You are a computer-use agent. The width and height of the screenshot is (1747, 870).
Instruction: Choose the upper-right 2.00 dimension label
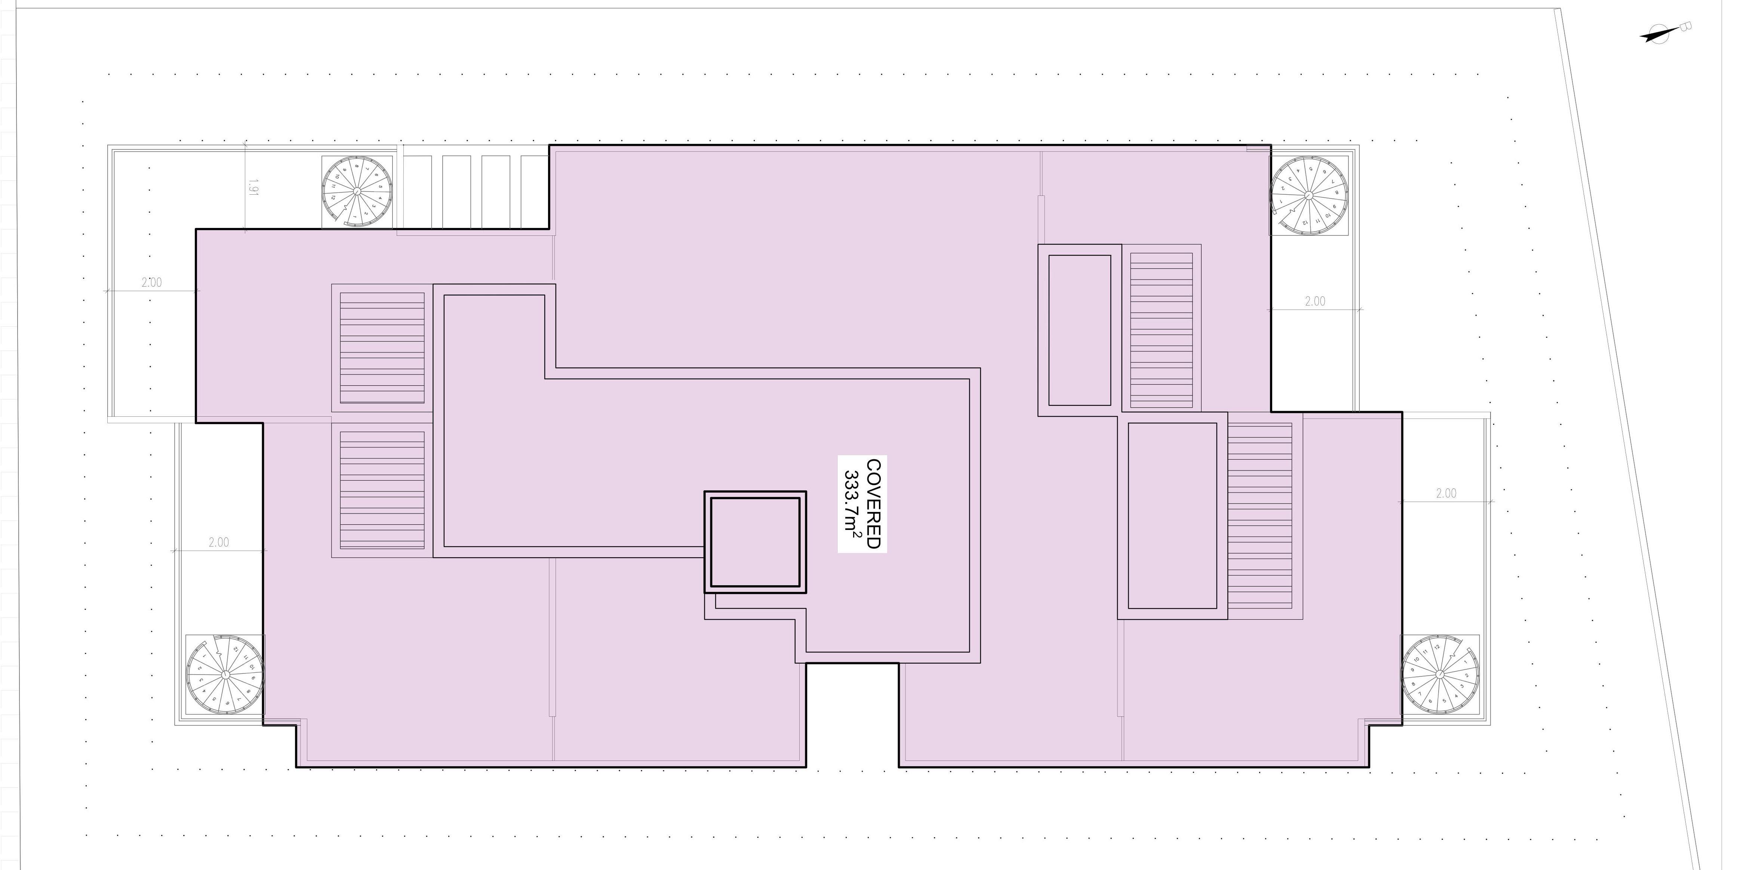pyautogui.click(x=1314, y=301)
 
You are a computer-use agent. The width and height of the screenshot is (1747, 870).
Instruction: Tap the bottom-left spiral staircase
pyautogui.click(x=224, y=675)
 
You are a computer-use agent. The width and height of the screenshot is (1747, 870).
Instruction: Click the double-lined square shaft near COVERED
pyautogui.click(x=755, y=543)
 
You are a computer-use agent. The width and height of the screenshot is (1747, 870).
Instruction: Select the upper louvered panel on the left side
pyautogui.click(x=382, y=348)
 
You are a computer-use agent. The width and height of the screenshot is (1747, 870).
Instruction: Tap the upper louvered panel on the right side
pyautogui.click(x=1161, y=330)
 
